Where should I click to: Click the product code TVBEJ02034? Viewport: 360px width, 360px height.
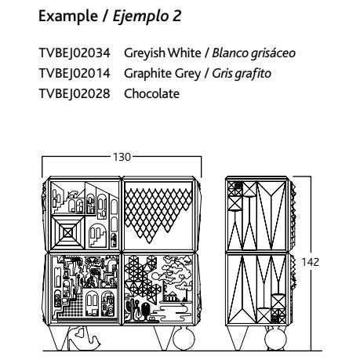click(75, 53)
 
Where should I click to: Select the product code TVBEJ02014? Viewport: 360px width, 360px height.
click(75, 73)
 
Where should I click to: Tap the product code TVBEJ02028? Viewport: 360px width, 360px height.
click(75, 93)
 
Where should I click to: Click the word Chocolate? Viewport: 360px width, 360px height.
click(151, 93)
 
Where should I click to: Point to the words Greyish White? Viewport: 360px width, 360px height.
click(162, 53)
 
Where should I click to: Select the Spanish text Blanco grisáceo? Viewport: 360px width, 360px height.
click(253, 53)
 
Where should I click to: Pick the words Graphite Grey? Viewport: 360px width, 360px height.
click(162, 74)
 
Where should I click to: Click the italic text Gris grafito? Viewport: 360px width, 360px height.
click(242, 74)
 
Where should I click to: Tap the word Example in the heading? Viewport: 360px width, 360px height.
click(68, 16)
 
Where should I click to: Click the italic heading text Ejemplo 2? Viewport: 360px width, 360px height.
click(147, 16)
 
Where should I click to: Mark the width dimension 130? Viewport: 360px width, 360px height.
click(122, 157)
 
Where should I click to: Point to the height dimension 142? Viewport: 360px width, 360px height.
click(310, 262)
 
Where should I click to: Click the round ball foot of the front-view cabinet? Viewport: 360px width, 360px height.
click(184, 338)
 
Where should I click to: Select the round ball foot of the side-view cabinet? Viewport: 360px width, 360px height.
click(275, 338)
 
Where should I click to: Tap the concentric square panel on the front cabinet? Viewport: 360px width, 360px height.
click(67, 232)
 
